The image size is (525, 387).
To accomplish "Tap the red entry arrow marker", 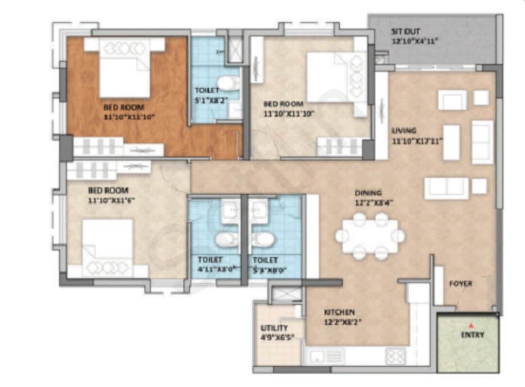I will click(x=470, y=325).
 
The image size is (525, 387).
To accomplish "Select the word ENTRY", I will click(x=472, y=335).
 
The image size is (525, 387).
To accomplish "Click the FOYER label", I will click(x=460, y=283).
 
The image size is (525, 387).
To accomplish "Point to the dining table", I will click(x=369, y=236).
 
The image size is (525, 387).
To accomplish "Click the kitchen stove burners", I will click(x=395, y=356).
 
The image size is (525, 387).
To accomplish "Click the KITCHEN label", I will click(x=339, y=312).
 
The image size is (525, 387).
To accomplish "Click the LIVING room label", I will click(x=404, y=130).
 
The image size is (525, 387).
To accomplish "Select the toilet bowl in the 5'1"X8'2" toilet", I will click(x=227, y=83).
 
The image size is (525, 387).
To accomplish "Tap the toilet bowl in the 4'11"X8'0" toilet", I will click(x=226, y=239).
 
